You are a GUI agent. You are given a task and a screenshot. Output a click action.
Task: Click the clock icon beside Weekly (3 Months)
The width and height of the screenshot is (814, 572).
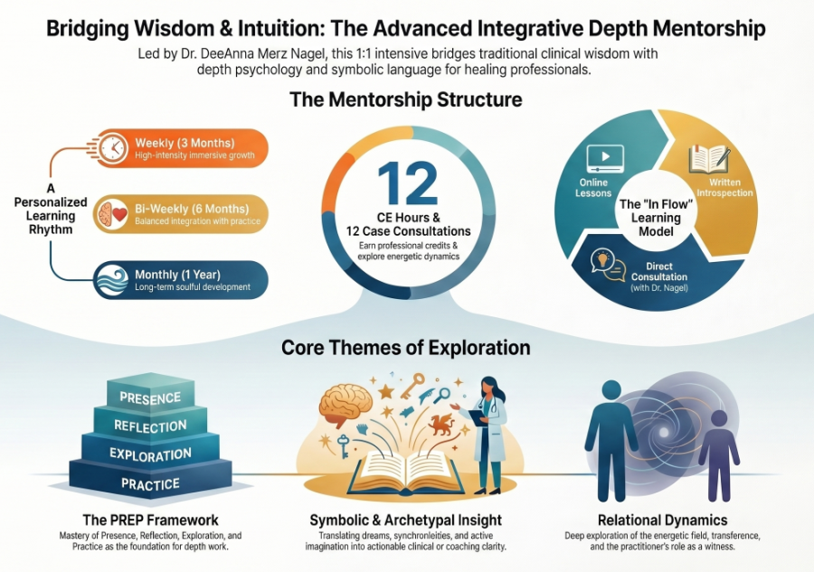pos(113,148)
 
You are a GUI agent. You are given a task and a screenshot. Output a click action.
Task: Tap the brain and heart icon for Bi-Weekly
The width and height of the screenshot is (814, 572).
pos(111,213)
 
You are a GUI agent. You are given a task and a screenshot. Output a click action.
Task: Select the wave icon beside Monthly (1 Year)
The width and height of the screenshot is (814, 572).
pos(112,279)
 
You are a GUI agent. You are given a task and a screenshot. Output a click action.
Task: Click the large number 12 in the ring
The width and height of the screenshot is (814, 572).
pos(408,183)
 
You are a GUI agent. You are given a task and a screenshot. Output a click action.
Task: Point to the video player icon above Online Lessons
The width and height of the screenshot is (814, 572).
pos(605,159)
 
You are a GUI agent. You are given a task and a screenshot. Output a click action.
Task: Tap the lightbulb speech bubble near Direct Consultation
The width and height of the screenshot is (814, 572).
pos(608,265)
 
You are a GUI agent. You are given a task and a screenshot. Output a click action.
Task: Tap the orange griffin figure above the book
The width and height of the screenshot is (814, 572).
pos(440,424)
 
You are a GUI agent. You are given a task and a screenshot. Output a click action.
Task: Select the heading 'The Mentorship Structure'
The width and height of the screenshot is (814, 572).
pos(406,99)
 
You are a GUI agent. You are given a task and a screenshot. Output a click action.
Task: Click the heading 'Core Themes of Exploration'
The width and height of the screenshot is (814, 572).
pos(406,348)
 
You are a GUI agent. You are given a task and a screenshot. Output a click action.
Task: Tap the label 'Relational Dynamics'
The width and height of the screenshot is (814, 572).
pos(662,520)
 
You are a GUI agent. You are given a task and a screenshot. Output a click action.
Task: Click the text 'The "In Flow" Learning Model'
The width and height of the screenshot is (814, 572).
pos(656,218)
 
